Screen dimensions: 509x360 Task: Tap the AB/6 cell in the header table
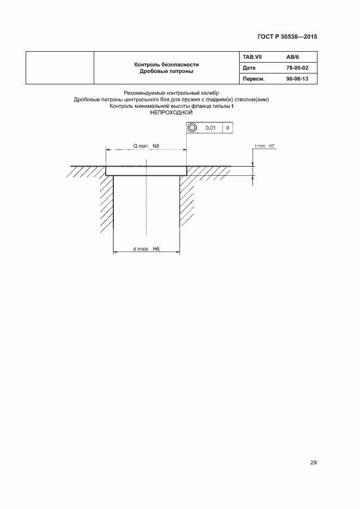click(x=293, y=57)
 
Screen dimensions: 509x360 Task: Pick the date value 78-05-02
click(x=297, y=68)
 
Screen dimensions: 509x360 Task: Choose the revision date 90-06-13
click(x=297, y=79)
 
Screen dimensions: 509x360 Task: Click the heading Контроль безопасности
click(x=166, y=64)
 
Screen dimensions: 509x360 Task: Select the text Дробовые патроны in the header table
click(x=166, y=71)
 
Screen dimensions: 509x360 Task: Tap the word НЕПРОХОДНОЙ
click(x=172, y=113)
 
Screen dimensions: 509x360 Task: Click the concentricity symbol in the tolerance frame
click(x=193, y=127)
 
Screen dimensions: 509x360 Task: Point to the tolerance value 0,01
click(x=211, y=127)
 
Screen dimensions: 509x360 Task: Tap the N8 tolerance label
click(x=156, y=146)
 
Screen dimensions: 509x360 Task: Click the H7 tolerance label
click(x=272, y=146)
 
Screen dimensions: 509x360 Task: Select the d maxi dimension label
click(x=142, y=249)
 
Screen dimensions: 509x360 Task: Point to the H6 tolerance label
click(x=156, y=249)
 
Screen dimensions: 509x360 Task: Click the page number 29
click(x=313, y=463)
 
